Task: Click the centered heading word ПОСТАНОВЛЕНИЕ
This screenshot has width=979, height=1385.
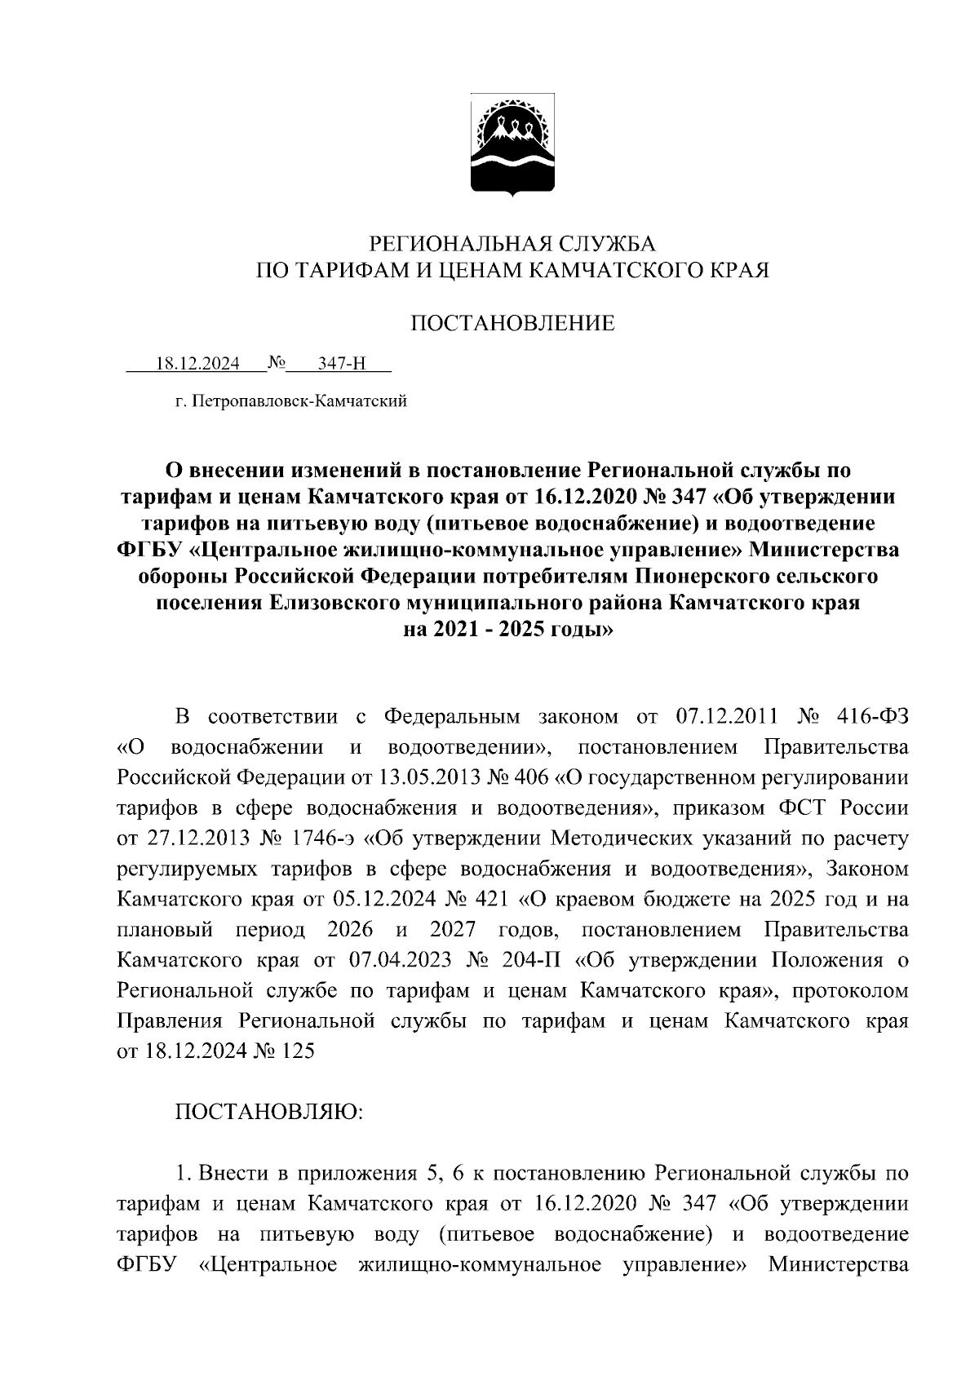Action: (x=512, y=324)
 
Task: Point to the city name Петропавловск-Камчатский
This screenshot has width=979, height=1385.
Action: (x=298, y=401)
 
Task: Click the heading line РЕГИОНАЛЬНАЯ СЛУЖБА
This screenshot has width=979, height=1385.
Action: (x=512, y=243)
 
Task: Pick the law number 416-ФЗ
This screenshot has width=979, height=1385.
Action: (x=873, y=717)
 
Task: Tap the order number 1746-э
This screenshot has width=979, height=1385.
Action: (x=334, y=839)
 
